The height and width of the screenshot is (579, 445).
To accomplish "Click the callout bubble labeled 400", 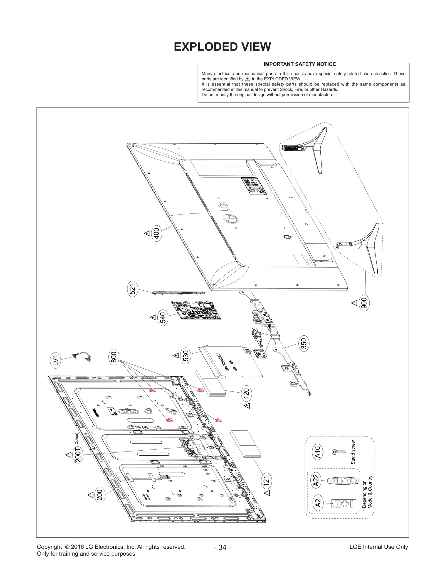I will pyautogui.click(x=157, y=233).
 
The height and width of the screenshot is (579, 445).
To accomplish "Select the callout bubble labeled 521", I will pyautogui.click(x=133, y=289).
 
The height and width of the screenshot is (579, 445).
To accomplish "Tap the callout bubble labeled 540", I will pyautogui.click(x=163, y=318).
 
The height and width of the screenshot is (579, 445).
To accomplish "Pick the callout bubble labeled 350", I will pyautogui.click(x=304, y=343).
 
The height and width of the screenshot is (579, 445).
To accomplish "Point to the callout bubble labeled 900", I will pyautogui.click(x=364, y=303).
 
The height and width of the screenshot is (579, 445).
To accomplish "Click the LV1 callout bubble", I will pyautogui.click(x=56, y=360).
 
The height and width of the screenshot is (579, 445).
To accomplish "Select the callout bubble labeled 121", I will pyautogui.click(x=266, y=481).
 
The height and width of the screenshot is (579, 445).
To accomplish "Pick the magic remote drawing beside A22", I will pyautogui.click(x=340, y=480).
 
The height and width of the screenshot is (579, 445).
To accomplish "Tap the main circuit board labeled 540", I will pyautogui.click(x=196, y=310).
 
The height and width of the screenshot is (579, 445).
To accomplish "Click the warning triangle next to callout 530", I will pyautogui.click(x=176, y=355).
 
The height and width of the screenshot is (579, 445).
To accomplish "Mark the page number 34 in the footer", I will pyautogui.click(x=222, y=547).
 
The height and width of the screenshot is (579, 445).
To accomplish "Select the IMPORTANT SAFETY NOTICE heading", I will pyautogui.click(x=300, y=64).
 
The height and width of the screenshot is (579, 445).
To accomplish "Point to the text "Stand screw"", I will pyautogui.click(x=353, y=452).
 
